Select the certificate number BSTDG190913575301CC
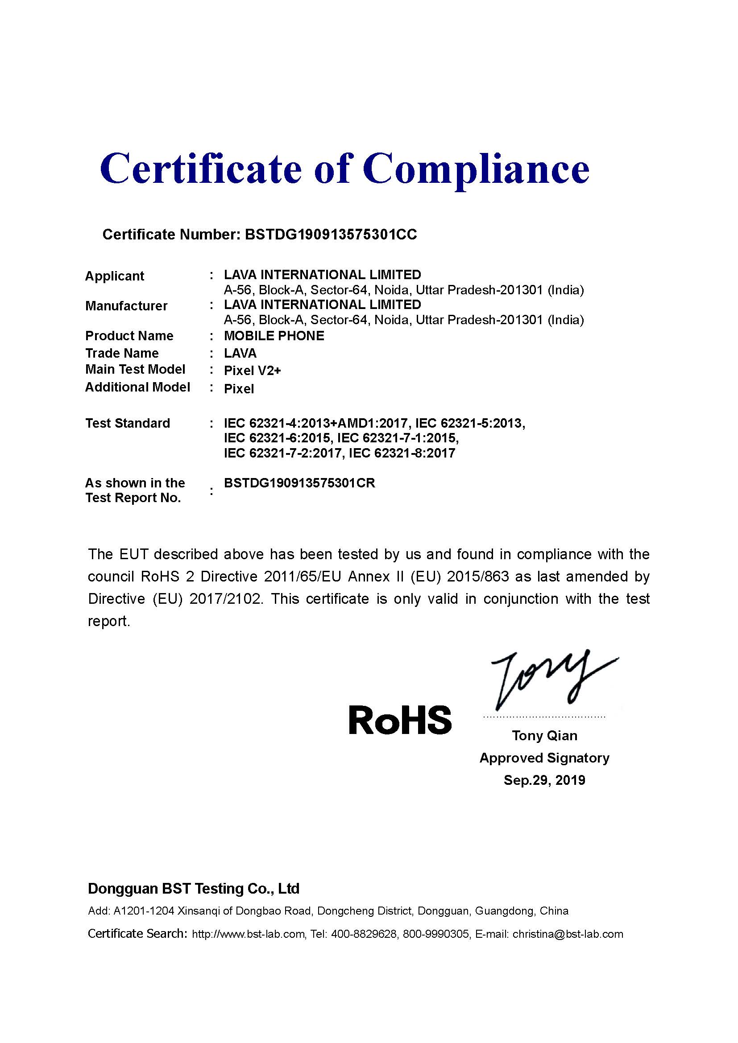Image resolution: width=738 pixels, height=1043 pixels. pyautogui.click(x=330, y=235)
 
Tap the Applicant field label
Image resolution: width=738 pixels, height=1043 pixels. pyautogui.click(x=115, y=276)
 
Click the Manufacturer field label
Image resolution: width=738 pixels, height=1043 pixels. pyautogui.click(x=126, y=306)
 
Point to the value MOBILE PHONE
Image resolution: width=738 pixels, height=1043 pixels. pyautogui.click(x=274, y=336)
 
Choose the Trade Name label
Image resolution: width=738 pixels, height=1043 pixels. pyautogui.click(x=122, y=353)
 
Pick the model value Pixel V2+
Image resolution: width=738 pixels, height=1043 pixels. pyautogui.click(x=253, y=371)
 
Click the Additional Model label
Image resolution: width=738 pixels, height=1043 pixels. pyautogui.click(x=137, y=387)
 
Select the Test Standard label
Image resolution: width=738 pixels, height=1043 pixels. pyautogui.click(x=128, y=423)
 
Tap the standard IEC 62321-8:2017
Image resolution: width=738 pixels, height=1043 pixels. pyautogui.click(x=402, y=453)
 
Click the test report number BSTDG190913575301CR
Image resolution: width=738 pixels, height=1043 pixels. pyautogui.click(x=299, y=483)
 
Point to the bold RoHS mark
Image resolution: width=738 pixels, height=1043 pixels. pyautogui.click(x=400, y=720)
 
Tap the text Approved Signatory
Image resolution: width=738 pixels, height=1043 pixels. pyautogui.click(x=544, y=758)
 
